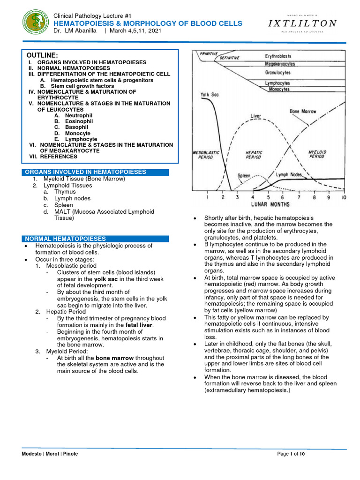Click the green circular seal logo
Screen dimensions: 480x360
37,23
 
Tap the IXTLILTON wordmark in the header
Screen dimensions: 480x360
302,23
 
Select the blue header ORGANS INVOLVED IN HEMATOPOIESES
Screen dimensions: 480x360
85,172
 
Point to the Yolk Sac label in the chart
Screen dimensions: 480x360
210,94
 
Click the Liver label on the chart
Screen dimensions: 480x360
256,115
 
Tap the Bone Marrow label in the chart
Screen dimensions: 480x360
303,112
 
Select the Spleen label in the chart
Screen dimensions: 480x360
244,176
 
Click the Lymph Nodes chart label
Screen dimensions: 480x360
288,174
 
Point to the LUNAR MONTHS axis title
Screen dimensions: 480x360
270,204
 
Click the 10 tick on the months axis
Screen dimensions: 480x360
344,197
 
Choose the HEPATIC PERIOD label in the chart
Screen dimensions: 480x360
254,155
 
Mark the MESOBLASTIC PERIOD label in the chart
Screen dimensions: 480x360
203,155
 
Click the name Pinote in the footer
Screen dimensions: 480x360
70,454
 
